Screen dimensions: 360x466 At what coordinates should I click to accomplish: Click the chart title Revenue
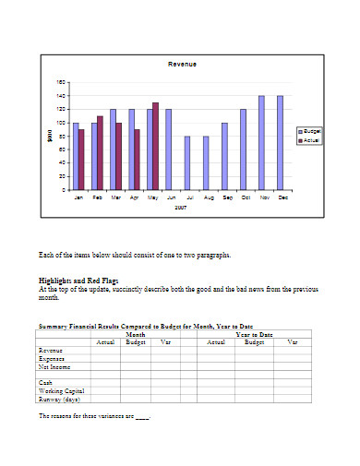[x=182, y=64]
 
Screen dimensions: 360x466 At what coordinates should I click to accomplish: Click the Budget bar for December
[x=280, y=142]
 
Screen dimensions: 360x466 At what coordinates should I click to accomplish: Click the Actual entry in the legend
[x=311, y=140]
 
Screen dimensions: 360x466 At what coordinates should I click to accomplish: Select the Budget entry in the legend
[x=311, y=132]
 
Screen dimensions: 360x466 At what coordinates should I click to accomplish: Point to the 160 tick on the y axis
[x=62, y=82]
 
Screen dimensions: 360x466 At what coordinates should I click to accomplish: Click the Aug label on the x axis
[x=209, y=197]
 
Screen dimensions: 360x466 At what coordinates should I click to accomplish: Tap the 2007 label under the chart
[x=182, y=208]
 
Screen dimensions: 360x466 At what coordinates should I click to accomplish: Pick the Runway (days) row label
[x=59, y=400]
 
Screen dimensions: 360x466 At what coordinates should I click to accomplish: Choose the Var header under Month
[x=166, y=341]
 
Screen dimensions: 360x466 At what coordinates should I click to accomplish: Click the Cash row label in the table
[x=45, y=382]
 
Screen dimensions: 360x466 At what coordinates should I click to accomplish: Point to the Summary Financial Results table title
[x=145, y=326]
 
